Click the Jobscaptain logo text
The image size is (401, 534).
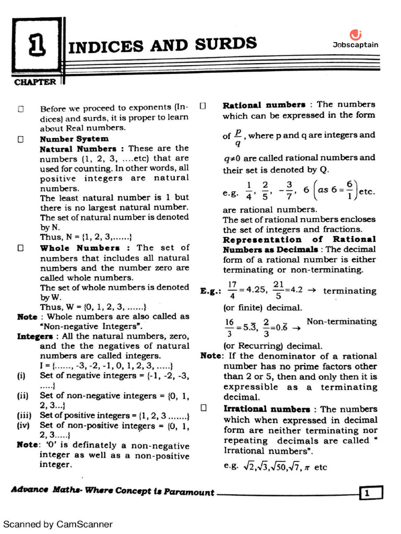coord(356,45)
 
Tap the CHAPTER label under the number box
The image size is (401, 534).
coord(35,82)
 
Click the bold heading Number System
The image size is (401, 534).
coord(74,139)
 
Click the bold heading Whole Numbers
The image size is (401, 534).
coord(80,248)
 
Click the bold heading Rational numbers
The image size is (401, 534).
coord(264,105)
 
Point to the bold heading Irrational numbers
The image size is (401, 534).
coord(267,409)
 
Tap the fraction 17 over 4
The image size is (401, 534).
coord(232,290)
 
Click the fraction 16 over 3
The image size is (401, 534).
coord(229,327)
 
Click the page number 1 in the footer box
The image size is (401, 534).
coord(371,492)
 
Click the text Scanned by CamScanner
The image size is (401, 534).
coord(58,524)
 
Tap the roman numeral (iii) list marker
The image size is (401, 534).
coord(23,416)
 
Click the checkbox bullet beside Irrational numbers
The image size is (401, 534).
coord(203,409)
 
